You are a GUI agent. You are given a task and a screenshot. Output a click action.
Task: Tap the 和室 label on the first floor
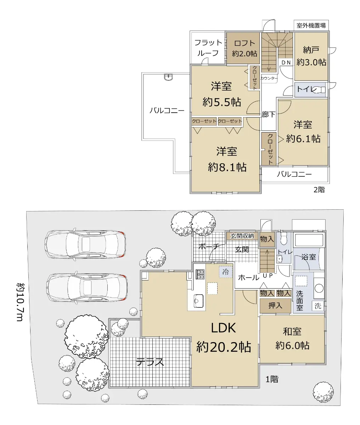pyautogui.click(x=292, y=331)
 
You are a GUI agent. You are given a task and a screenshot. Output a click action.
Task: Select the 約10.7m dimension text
pyautogui.click(x=21, y=302)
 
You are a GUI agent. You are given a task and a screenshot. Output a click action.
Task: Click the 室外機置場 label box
pyautogui.click(x=311, y=25)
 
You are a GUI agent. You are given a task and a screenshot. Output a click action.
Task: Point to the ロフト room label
pyautogui.click(x=244, y=43)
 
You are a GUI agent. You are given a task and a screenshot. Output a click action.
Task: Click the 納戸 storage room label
pyautogui.click(x=311, y=50)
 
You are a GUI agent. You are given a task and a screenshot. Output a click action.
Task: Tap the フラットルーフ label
pyautogui.click(x=208, y=48)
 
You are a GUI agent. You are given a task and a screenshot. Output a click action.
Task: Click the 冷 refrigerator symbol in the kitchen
pyautogui.click(x=226, y=272)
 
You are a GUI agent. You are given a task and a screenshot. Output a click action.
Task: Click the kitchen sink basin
pyautogui.click(x=198, y=301)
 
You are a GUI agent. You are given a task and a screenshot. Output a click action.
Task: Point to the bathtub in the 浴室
pyautogui.click(x=309, y=240)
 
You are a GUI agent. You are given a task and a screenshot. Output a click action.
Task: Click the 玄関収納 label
pyautogui.click(x=242, y=236)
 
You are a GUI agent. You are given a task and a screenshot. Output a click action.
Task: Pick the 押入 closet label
pyautogui.click(x=275, y=306)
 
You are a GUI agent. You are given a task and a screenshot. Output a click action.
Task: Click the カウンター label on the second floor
pyautogui.click(x=269, y=78)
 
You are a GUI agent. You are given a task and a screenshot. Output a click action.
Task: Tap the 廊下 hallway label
pyautogui.click(x=268, y=114)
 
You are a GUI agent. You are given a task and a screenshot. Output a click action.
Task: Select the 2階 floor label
pyautogui.click(x=319, y=189)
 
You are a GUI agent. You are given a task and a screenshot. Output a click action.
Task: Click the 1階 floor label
pyautogui.click(x=272, y=379)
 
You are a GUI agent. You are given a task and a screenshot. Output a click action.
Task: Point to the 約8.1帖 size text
pyautogui.click(x=227, y=167)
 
